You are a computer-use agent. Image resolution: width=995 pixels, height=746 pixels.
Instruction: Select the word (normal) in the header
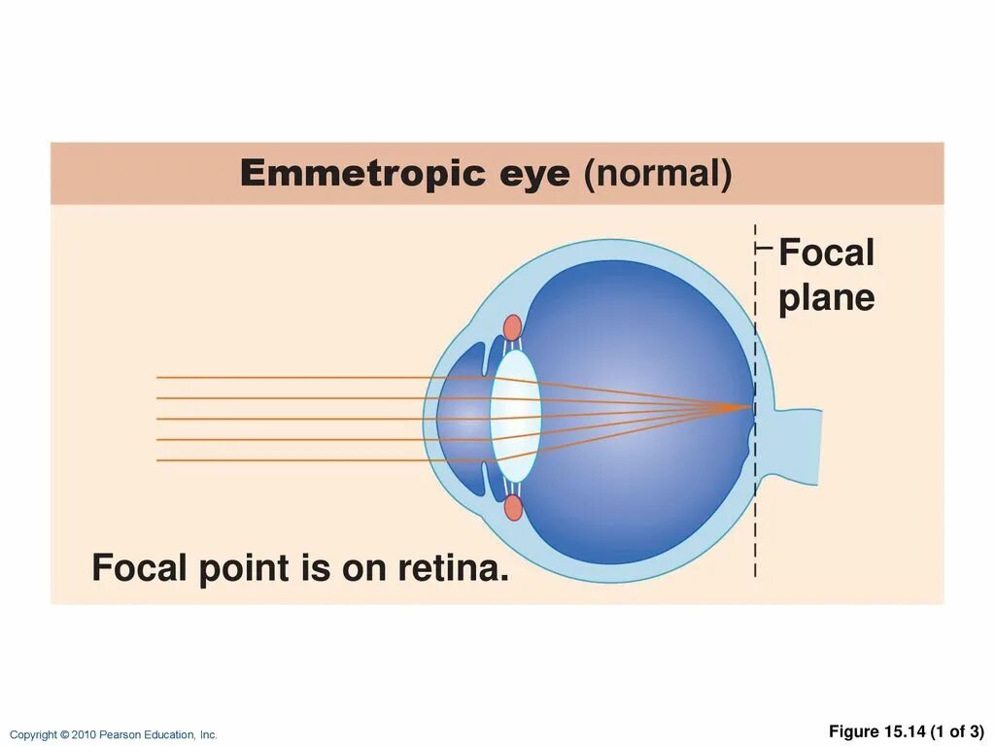pyautogui.click(x=657, y=175)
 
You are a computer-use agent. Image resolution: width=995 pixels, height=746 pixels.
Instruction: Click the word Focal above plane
pyautogui.click(x=826, y=254)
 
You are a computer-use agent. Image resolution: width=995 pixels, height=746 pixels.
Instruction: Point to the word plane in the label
pyautogui.click(x=826, y=299)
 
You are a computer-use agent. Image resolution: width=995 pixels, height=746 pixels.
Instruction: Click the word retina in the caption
pyautogui.click(x=454, y=568)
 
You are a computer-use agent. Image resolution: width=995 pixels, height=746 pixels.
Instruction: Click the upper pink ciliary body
pyautogui.click(x=512, y=327)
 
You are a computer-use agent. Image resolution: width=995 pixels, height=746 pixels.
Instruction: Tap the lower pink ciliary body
pyautogui.click(x=513, y=507)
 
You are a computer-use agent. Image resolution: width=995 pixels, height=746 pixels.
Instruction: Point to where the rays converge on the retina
pyautogui.click(x=751, y=408)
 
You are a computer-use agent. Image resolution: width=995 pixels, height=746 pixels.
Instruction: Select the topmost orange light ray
pyautogui.click(x=292, y=377)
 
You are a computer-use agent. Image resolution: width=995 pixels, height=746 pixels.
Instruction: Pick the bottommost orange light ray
pyautogui.click(x=292, y=460)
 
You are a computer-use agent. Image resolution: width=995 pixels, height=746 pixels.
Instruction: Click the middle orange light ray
pyautogui.click(x=292, y=419)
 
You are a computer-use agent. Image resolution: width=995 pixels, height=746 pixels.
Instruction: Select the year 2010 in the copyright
pyautogui.click(x=84, y=735)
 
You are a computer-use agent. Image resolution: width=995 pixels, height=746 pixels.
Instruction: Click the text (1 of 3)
pyautogui.click(x=957, y=731)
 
